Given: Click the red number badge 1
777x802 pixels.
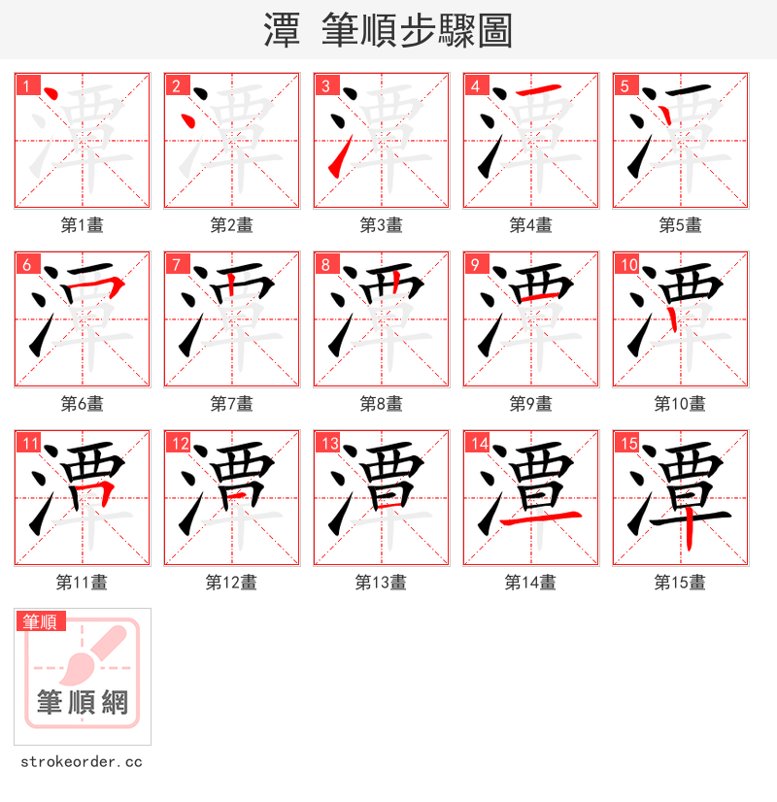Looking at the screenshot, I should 26,85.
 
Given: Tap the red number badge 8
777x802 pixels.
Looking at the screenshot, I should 325,264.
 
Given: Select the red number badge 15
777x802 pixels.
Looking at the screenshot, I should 626,444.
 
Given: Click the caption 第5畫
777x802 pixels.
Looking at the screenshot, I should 680,225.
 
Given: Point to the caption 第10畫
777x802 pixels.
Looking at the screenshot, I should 680,404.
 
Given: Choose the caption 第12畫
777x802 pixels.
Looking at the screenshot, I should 231,583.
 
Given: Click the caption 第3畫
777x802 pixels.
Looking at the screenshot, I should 381,225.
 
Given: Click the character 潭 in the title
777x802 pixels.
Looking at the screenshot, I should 282,31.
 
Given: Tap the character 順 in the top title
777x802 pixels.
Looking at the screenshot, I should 409,31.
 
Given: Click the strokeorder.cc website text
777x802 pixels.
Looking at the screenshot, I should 82,762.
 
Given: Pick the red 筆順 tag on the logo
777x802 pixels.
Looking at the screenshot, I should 41,621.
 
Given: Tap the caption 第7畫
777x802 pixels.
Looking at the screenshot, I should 231,404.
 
